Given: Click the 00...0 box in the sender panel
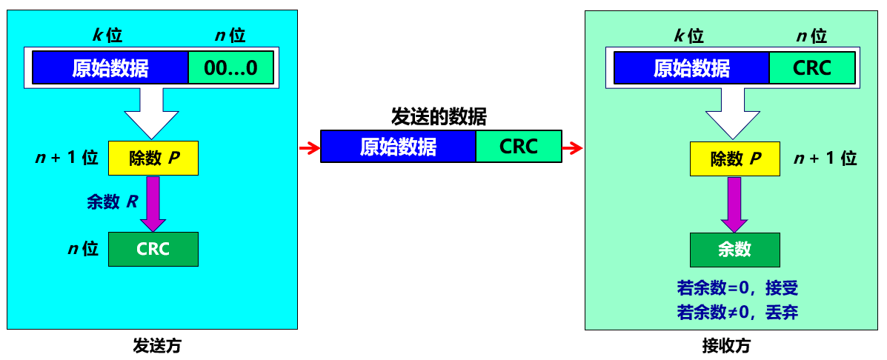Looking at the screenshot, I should coord(230,68).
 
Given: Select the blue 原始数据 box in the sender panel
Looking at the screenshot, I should coord(110,68).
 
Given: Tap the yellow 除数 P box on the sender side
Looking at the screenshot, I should coord(153,158).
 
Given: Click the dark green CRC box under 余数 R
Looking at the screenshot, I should coord(153,249).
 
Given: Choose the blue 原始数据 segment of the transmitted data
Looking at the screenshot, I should coord(398,147).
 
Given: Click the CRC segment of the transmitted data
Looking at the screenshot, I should coord(519,147).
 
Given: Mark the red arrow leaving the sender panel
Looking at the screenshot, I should coord(308,148).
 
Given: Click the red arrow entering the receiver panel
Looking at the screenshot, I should coord(572,148).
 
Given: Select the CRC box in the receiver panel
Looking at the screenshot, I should coord(812,68).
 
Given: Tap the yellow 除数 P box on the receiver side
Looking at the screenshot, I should coord(735,159).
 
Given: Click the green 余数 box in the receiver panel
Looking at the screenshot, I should coord(734,250).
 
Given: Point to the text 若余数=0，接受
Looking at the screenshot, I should coord(737,288).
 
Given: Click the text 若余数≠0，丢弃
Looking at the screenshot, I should coord(737,312).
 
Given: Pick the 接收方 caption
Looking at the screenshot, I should coord(726,345).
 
